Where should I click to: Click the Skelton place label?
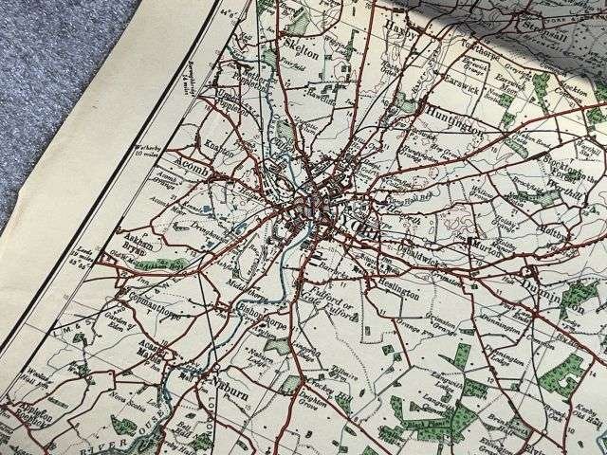303,52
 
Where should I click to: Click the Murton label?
485,243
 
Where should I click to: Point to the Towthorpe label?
472,39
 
